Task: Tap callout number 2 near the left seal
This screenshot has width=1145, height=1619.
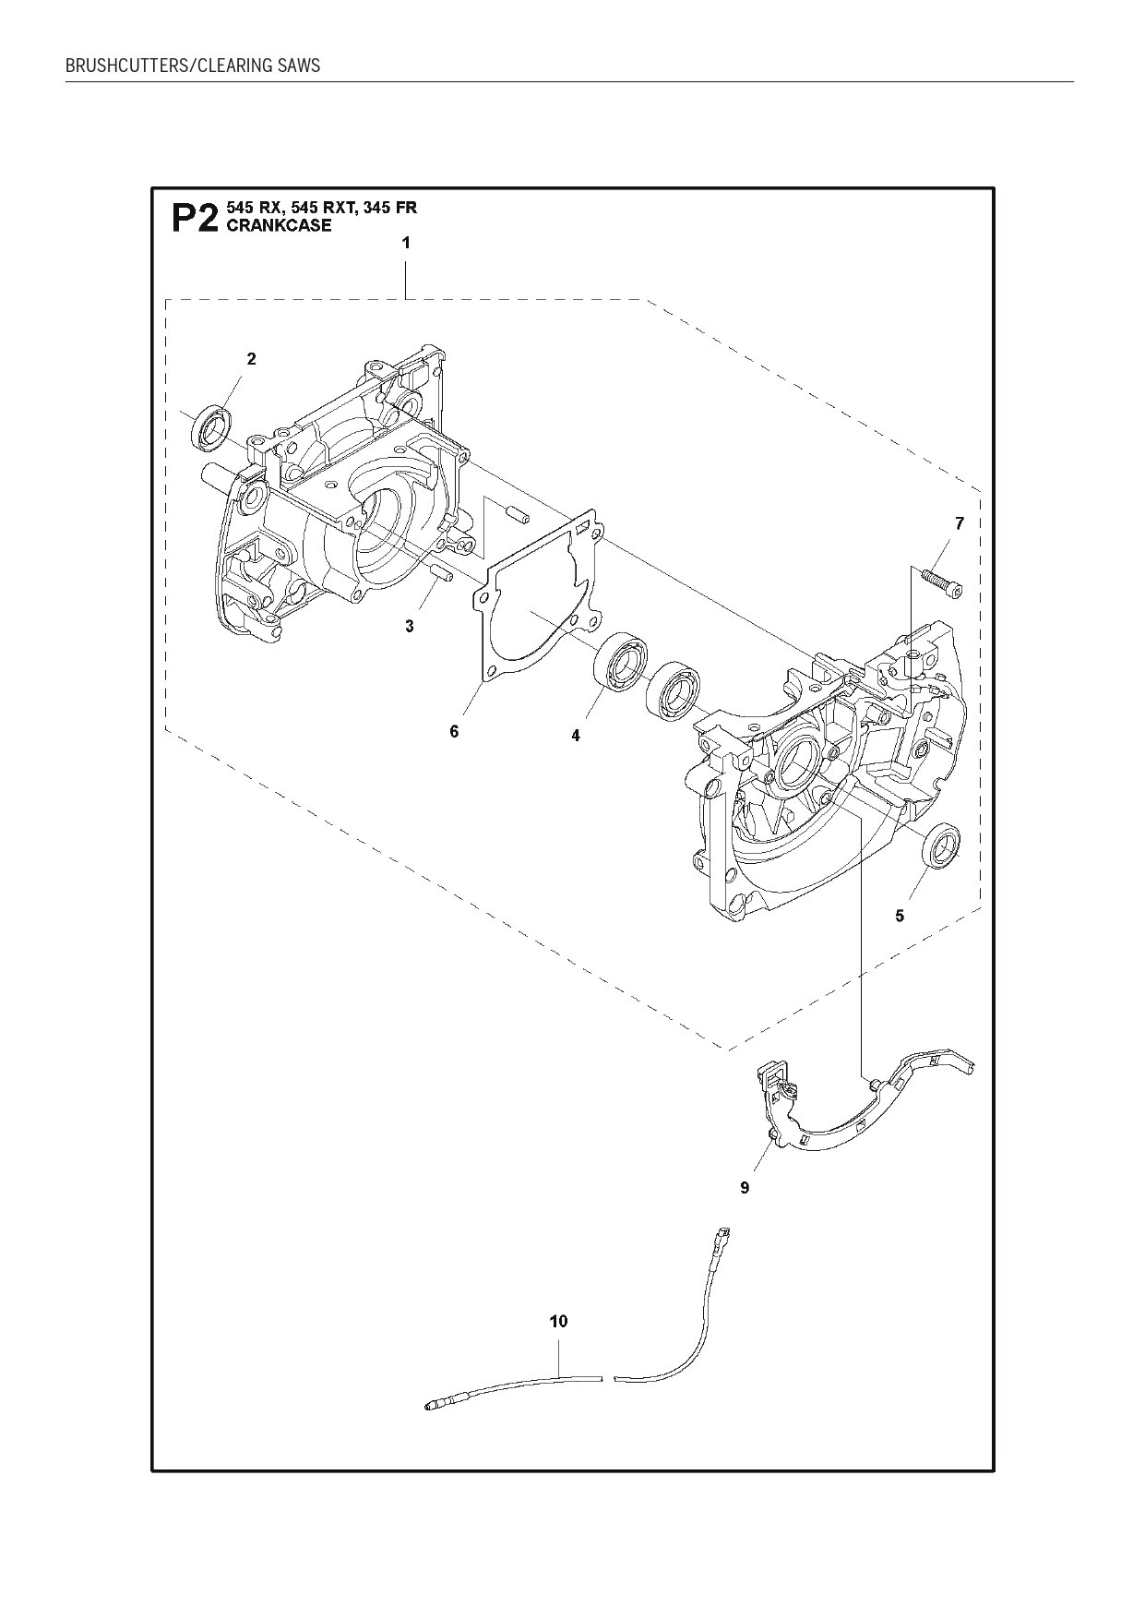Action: click(x=251, y=359)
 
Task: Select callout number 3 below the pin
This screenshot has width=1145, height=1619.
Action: click(x=410, y=626)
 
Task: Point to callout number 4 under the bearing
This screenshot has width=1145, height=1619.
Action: click(x=576, y=736)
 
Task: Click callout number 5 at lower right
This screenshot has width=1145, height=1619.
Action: click(x=900, y=916)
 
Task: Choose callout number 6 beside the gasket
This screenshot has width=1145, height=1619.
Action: click(x=454, y=731)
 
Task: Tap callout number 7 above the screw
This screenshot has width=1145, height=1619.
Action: click(x=960, y=524)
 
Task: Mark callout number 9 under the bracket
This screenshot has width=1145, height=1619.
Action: click(x=745, y=1188)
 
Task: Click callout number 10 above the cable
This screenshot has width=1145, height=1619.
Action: click(x=558, y=1322)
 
